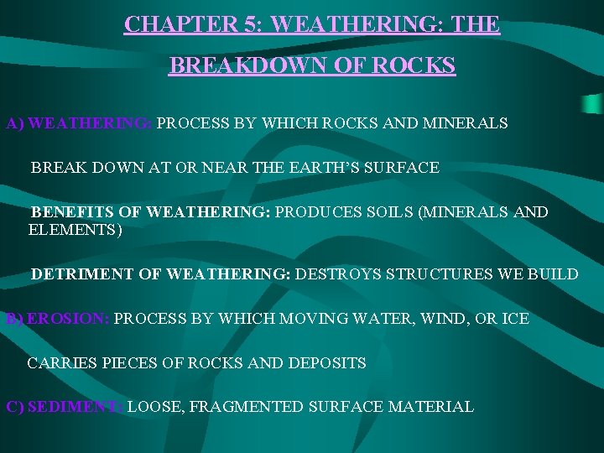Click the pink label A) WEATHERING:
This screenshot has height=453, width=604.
point(79,123)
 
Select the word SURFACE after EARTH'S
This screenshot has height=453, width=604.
point(402,168)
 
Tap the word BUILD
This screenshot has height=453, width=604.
point(553,273)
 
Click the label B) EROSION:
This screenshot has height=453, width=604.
point(57,319)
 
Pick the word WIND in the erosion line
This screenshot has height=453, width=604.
point(440,319)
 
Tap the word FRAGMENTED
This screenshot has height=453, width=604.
point(247,407)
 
